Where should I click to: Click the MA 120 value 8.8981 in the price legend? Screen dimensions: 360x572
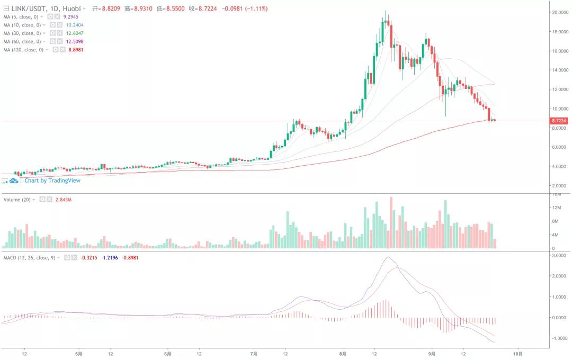pyautogui.click(x=75, y=50)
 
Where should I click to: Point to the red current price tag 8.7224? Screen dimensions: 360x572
pyautogui.click(x=559, y=121)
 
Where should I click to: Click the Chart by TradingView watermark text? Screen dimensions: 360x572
pyautogui.click(x=52, y=181)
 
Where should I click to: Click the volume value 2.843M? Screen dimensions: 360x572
pyautogui.click(x=64, y=200)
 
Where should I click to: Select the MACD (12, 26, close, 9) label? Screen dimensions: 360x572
pyautogui.click(x=30, y=257)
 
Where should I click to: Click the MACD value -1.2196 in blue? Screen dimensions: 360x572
pyautogui.click(x=109, y=257)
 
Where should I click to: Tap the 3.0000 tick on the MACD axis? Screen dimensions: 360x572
pyautogui.click(x=560, y=256)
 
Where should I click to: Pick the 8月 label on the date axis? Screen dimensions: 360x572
pyautogui.click(x=343, y=353)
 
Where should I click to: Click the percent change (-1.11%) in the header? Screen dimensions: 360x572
pyautogui.click(x=255, y=8)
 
